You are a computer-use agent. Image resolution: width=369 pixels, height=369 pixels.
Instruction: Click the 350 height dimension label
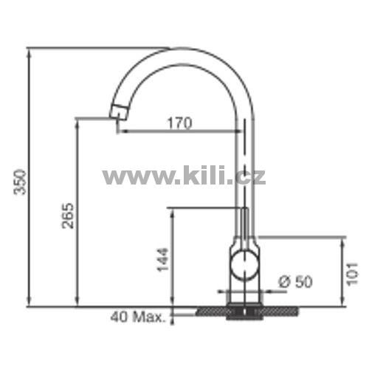coord(20,182)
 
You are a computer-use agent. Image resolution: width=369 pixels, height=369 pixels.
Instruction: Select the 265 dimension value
coord(68,215)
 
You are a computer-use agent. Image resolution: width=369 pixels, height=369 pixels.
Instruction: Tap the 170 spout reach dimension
coord(179,123)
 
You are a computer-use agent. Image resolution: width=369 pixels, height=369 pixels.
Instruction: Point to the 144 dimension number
coord(163,260)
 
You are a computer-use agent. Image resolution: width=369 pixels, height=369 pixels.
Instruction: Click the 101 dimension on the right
coord(352,274)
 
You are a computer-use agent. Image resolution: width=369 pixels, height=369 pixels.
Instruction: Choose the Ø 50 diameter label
coord(295,282)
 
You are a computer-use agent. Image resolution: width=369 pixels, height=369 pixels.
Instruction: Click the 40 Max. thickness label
coord(137,317)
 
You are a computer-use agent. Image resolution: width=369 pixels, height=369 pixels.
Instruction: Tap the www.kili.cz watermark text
coord(184,176)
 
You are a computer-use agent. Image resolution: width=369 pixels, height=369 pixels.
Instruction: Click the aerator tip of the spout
coord(119,112)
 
